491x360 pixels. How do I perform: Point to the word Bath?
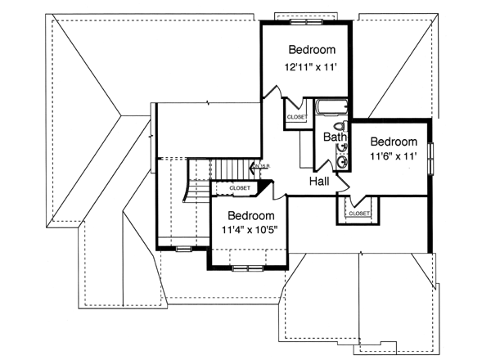pyautogui.click(x=335, y=137)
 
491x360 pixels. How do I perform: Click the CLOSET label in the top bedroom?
pyautogui.click(x=296, y=118)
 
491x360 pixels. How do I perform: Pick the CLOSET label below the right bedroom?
pyautogui.click(x=359, y=214)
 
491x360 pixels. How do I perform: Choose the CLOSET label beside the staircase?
pyautogui.click(x=240, y=188)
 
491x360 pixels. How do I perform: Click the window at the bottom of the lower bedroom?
pyautogui.click(x=246, y=267)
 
